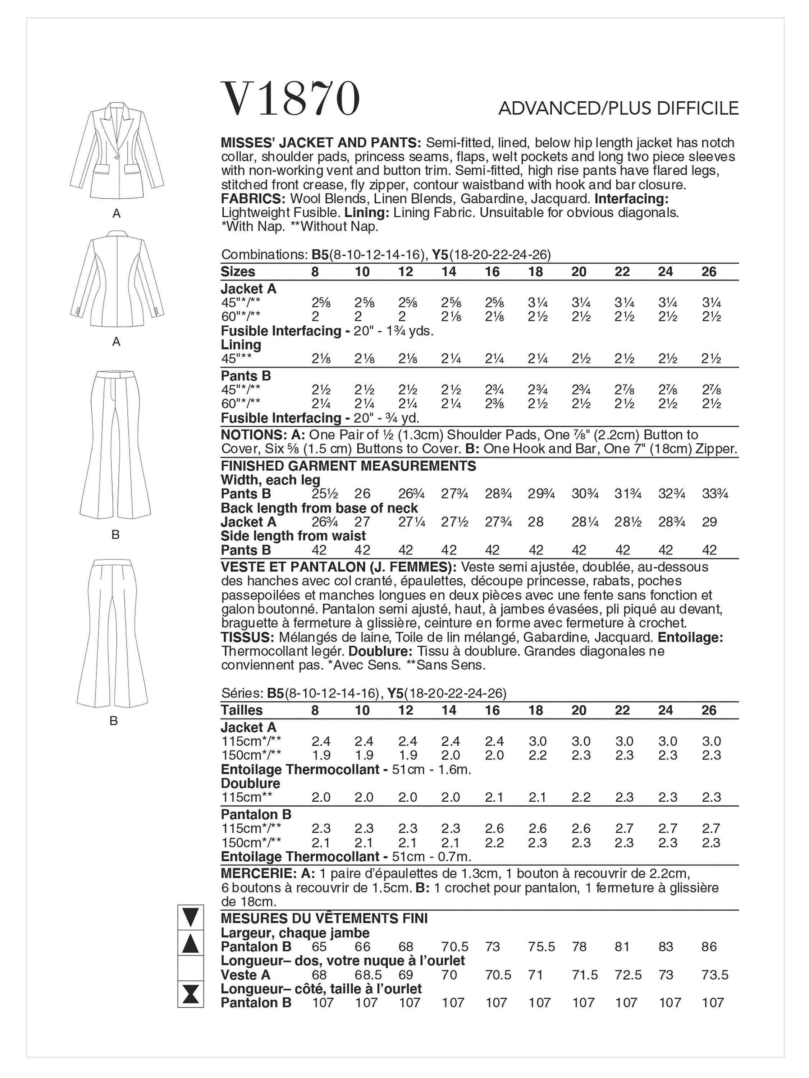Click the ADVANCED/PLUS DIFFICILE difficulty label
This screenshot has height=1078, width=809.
click(618, 108)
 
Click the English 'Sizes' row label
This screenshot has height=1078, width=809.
click(238, 271)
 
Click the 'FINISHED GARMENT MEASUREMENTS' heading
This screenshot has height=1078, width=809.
click(348, 466)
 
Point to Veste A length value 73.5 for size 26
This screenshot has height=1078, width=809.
click(715, 975)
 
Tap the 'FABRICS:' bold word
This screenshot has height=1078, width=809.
click(253, 199)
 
